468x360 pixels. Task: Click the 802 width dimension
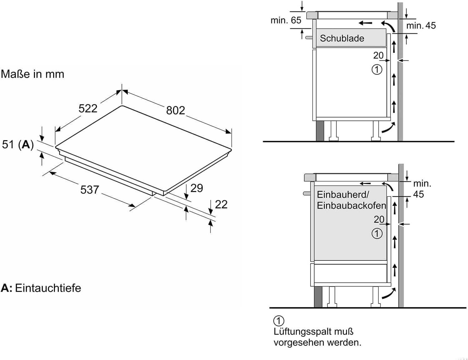pos(175,110)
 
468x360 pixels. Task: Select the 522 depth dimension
pos(88,108)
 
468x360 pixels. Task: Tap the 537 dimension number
pos(90,190)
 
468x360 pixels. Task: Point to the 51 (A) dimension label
pos(18,144)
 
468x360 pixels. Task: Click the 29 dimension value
pos(197,188)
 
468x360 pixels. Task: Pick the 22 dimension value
pos(221,205)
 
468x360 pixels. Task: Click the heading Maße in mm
pos(32,74)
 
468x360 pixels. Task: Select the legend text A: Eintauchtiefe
pos(41,288)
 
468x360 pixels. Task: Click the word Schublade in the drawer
pos(342,38)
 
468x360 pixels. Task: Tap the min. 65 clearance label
pos(286,20)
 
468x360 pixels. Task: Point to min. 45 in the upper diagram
pos(421,26)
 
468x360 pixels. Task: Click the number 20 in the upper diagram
pos(378,55)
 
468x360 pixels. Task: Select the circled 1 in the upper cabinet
pos(377,69)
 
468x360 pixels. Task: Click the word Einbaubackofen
pos(351,205)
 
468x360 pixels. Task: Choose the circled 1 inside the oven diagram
pos(377,233)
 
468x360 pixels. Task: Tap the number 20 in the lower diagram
pos(379,219)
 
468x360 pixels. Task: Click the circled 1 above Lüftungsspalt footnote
pos(279,321)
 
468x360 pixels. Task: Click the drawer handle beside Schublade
pos(309,38)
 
